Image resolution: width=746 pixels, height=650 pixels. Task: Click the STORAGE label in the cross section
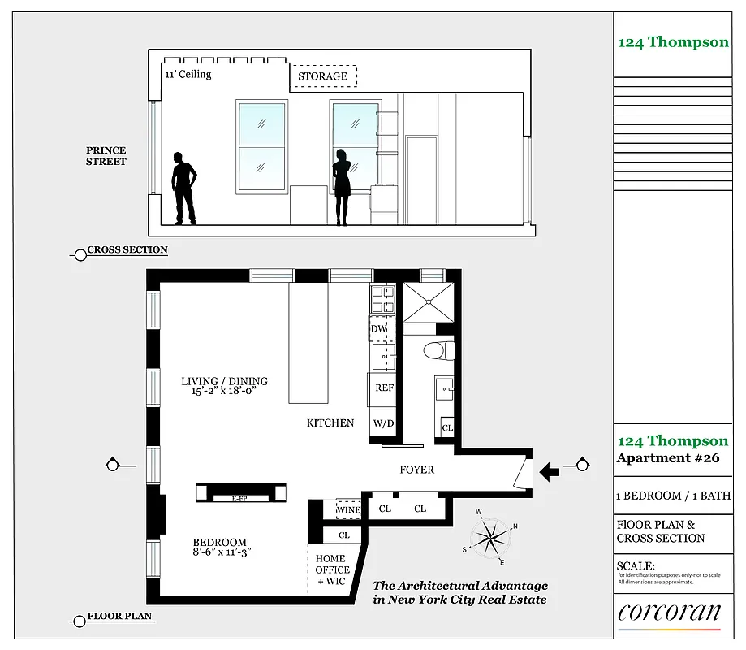coord(322,76)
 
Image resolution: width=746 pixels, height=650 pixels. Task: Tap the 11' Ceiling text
coord(188,74)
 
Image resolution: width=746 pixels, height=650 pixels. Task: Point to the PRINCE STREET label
coord(106,156)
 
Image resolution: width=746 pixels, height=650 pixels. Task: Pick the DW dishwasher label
coord(379,328)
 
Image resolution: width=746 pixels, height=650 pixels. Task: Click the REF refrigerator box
coord(384,388)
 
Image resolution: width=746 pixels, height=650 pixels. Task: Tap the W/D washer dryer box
coord(383,423)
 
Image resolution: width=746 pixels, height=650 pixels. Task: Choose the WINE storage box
coord(348,509)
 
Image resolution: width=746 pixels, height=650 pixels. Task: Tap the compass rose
coord(490,536)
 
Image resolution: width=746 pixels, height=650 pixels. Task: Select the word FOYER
coord(417,470)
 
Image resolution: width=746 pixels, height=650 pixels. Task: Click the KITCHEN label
coord(330,422)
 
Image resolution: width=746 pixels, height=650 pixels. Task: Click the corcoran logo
coord(669,612)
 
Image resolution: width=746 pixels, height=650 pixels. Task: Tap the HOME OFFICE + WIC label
coord(330,570)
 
